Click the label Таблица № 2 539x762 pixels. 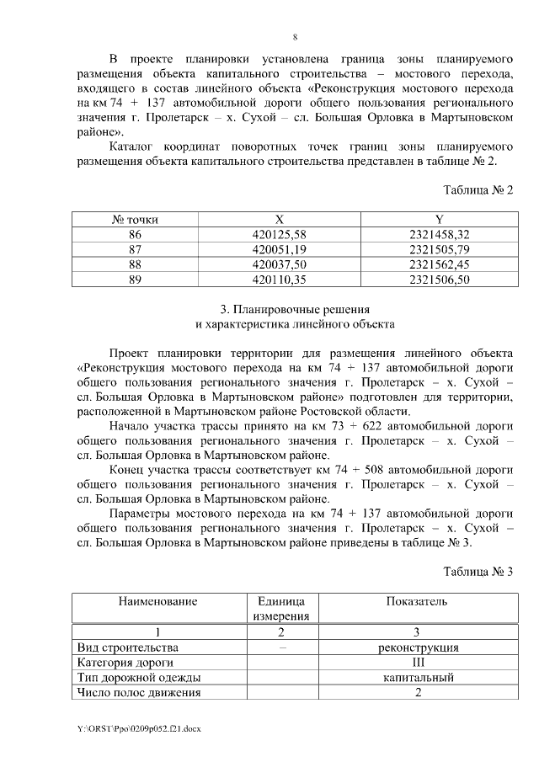(478, 189)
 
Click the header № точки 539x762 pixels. (135, 220)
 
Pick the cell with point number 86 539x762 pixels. (135, 235)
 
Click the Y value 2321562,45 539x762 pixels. (438, 265)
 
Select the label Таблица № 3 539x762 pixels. (478, 572)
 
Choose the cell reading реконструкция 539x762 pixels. (418, 647)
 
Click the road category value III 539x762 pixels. (418, 663)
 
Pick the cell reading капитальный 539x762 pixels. (418, 678)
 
